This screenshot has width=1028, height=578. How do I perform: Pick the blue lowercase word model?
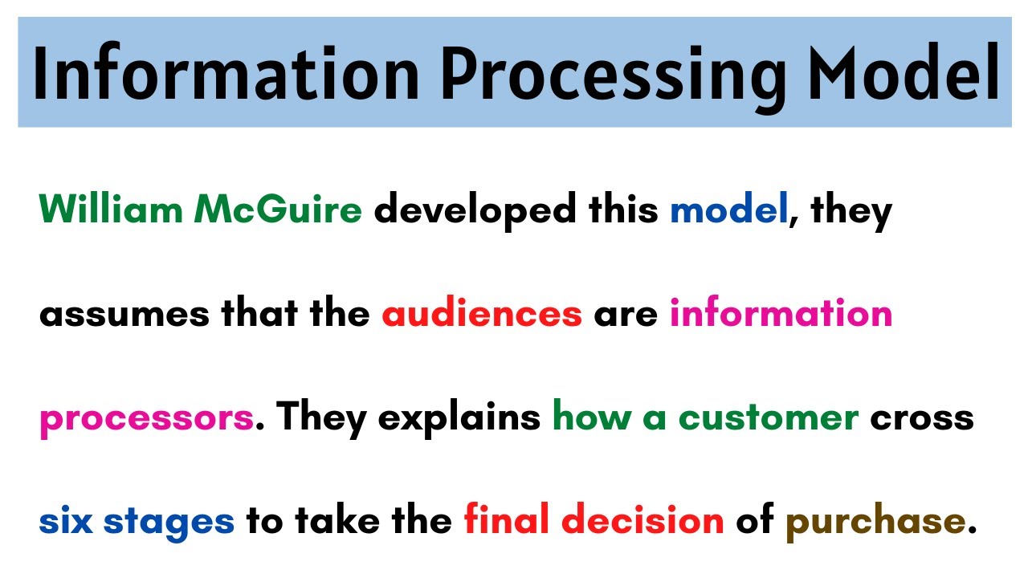tap(728, 210)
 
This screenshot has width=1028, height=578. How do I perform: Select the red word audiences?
tap(482, 314)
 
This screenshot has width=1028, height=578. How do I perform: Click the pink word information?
tap(781, 314)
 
